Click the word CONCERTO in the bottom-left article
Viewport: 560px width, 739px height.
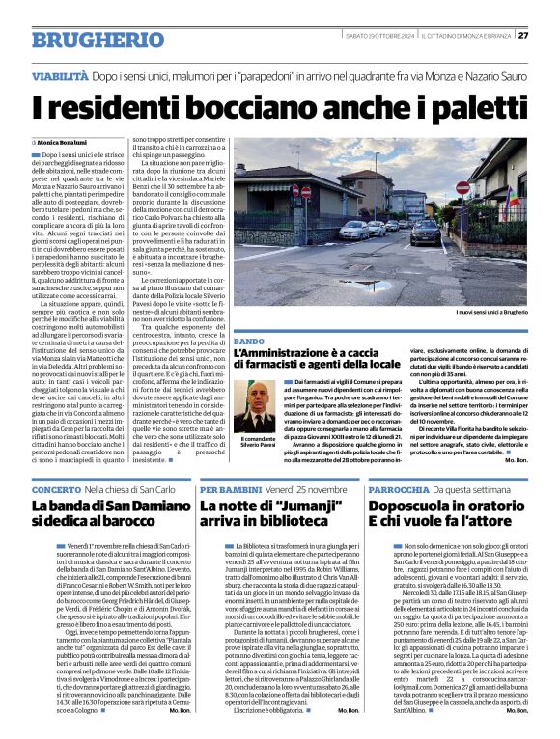click(x=56, y=490)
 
